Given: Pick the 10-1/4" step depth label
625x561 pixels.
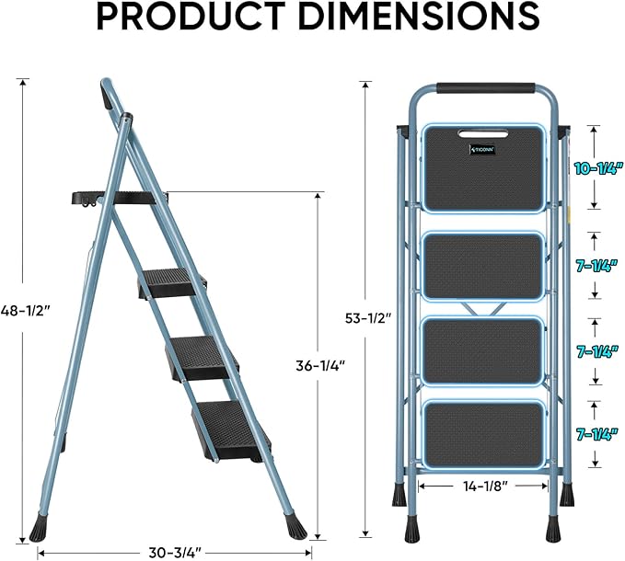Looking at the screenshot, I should [596, 168].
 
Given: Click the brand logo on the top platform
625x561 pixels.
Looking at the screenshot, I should [483, 146].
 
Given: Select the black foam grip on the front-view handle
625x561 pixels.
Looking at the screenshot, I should [485, 89].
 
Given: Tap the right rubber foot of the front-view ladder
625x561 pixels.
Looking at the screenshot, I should [552, 528].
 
